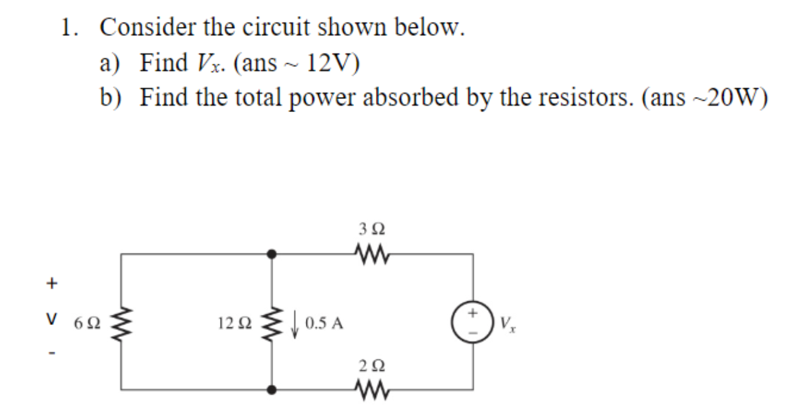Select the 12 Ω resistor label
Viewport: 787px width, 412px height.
(x=236, y=324)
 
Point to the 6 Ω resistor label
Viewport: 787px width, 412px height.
(x=86, y=324)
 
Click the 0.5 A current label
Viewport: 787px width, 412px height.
(x=324, y=324)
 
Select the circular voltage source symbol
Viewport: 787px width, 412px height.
(x=474, y=322)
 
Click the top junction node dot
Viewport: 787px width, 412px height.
(x=272, y=254)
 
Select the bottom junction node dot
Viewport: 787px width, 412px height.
(x=272, y=389)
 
